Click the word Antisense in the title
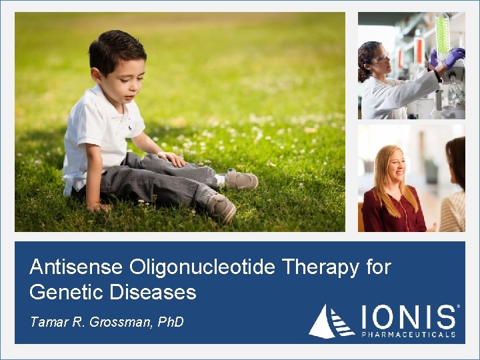pyautogui.click(x=76, y=267)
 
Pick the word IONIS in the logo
pyautogui.click(x=409, y=317)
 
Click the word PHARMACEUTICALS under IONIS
pyautogui.click(x=409, y=334)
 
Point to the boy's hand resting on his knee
pyautogui.click(x=173, y=159)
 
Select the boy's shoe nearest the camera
pyautogui.click(x=220, y=208)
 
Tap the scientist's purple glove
pyautogui.click(x=455, y=57)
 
